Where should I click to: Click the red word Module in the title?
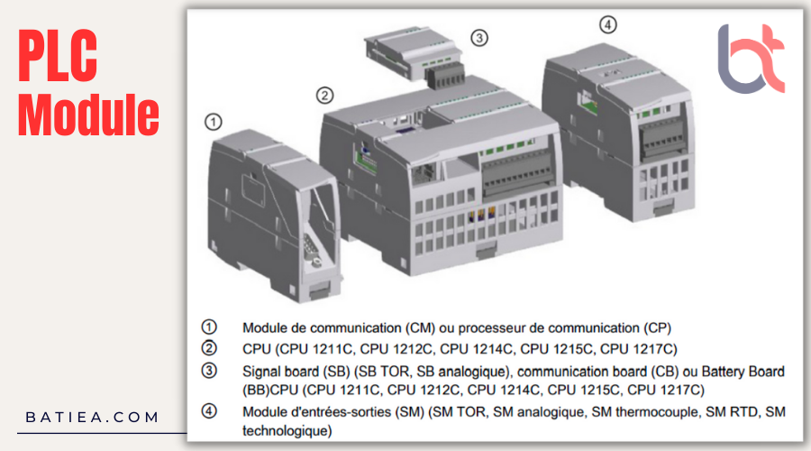(x=88, y=115)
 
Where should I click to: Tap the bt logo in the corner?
(x=751, y=59)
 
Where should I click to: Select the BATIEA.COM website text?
(x=92, y=418)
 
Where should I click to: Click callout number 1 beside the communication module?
(x=213, y=121)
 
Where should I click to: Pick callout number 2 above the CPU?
(x=324, y=95)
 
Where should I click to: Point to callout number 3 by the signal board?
(x=479, y=37)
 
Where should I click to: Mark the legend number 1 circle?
(x=208, y=327)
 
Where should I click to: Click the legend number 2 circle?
(x=208, y=348)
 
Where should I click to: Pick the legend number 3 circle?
(x=208, y=371)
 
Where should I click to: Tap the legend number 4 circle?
(x=208, y=411)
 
